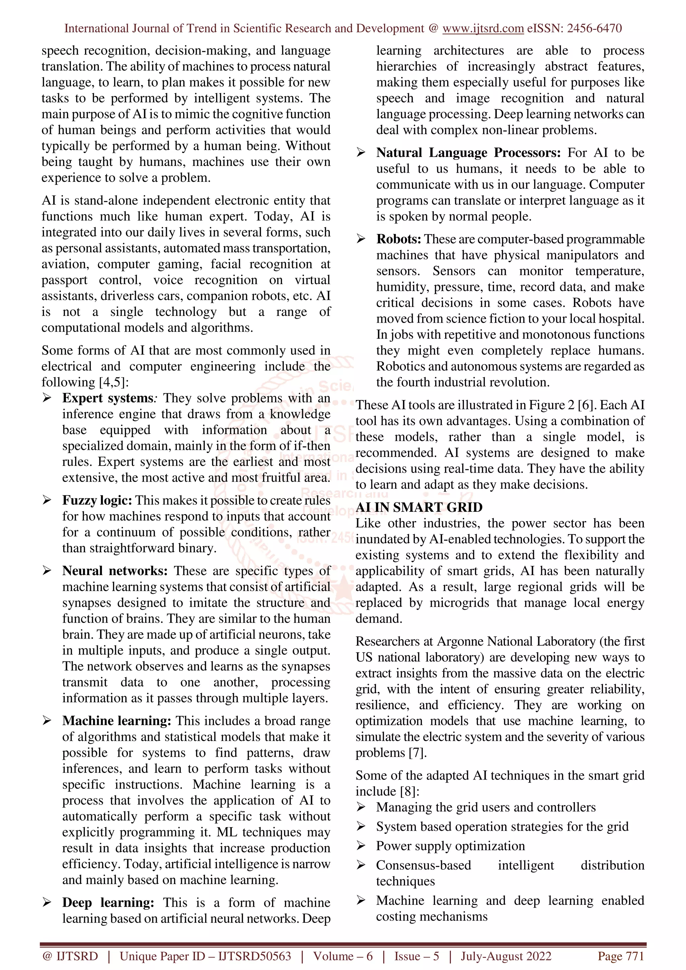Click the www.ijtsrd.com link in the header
tap(483, 28)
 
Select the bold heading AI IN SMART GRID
tap(419, 507)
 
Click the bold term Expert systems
tap(108, 398)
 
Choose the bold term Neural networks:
tap(115, 571)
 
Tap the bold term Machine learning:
tap(116, 721)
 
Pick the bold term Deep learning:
tap(108, 902)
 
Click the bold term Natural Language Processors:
tap(468, 153)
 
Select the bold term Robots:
tap(398, 239)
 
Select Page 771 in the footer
tap(620, 956)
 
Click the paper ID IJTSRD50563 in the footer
tap(255, 956)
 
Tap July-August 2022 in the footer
tap(505, 956)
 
